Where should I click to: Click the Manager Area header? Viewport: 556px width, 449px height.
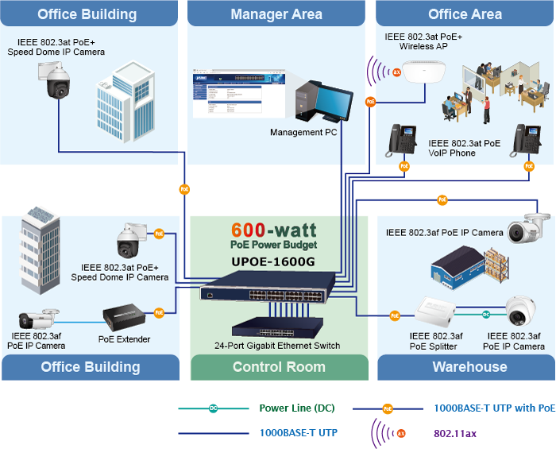pos(276,14)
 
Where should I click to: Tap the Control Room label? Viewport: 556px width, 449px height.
pos(279,367)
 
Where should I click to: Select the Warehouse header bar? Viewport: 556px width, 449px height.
pos(469,367)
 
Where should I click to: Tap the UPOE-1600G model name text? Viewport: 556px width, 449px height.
pos(273,260)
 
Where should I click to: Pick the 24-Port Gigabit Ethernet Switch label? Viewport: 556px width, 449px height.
pos(278,346)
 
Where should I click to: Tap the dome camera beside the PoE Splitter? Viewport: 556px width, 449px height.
pos(520,313)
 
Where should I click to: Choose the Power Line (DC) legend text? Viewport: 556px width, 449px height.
pos(296,408)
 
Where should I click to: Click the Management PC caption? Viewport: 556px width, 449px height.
pos(303,133)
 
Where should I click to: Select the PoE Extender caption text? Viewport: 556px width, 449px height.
pos(125,339)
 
